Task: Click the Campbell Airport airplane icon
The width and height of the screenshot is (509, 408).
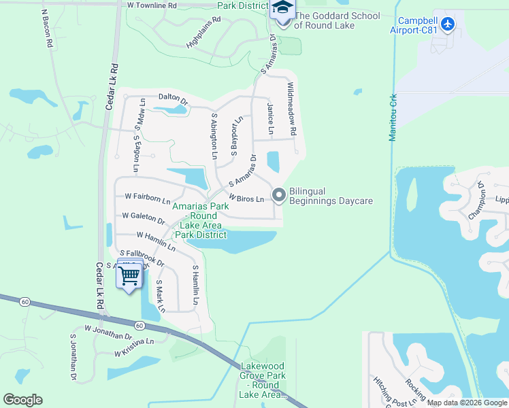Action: (x=447, y=24)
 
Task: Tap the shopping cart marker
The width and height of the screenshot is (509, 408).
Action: (x=129, y=275)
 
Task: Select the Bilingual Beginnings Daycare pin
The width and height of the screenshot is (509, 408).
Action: (x=278, y=196)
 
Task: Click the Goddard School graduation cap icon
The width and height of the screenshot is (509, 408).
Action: (x=282, y=8)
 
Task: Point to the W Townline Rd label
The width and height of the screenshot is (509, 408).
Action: (x=152, y=5)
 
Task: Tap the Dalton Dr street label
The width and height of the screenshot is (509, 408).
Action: (x=172, y=98)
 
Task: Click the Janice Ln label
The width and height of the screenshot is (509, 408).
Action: (x=271, y=119)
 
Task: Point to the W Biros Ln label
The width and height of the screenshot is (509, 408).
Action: (x=246, y=198)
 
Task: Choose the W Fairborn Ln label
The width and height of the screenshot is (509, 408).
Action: (x=147, y=197)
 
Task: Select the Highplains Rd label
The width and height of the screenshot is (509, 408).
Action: (x=204, y=31)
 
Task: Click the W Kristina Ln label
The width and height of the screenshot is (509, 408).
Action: (x=135, y=347)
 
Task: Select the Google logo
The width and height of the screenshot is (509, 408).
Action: (x=22, y=400)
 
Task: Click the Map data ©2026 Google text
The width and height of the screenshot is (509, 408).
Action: (x=466, y=403)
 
